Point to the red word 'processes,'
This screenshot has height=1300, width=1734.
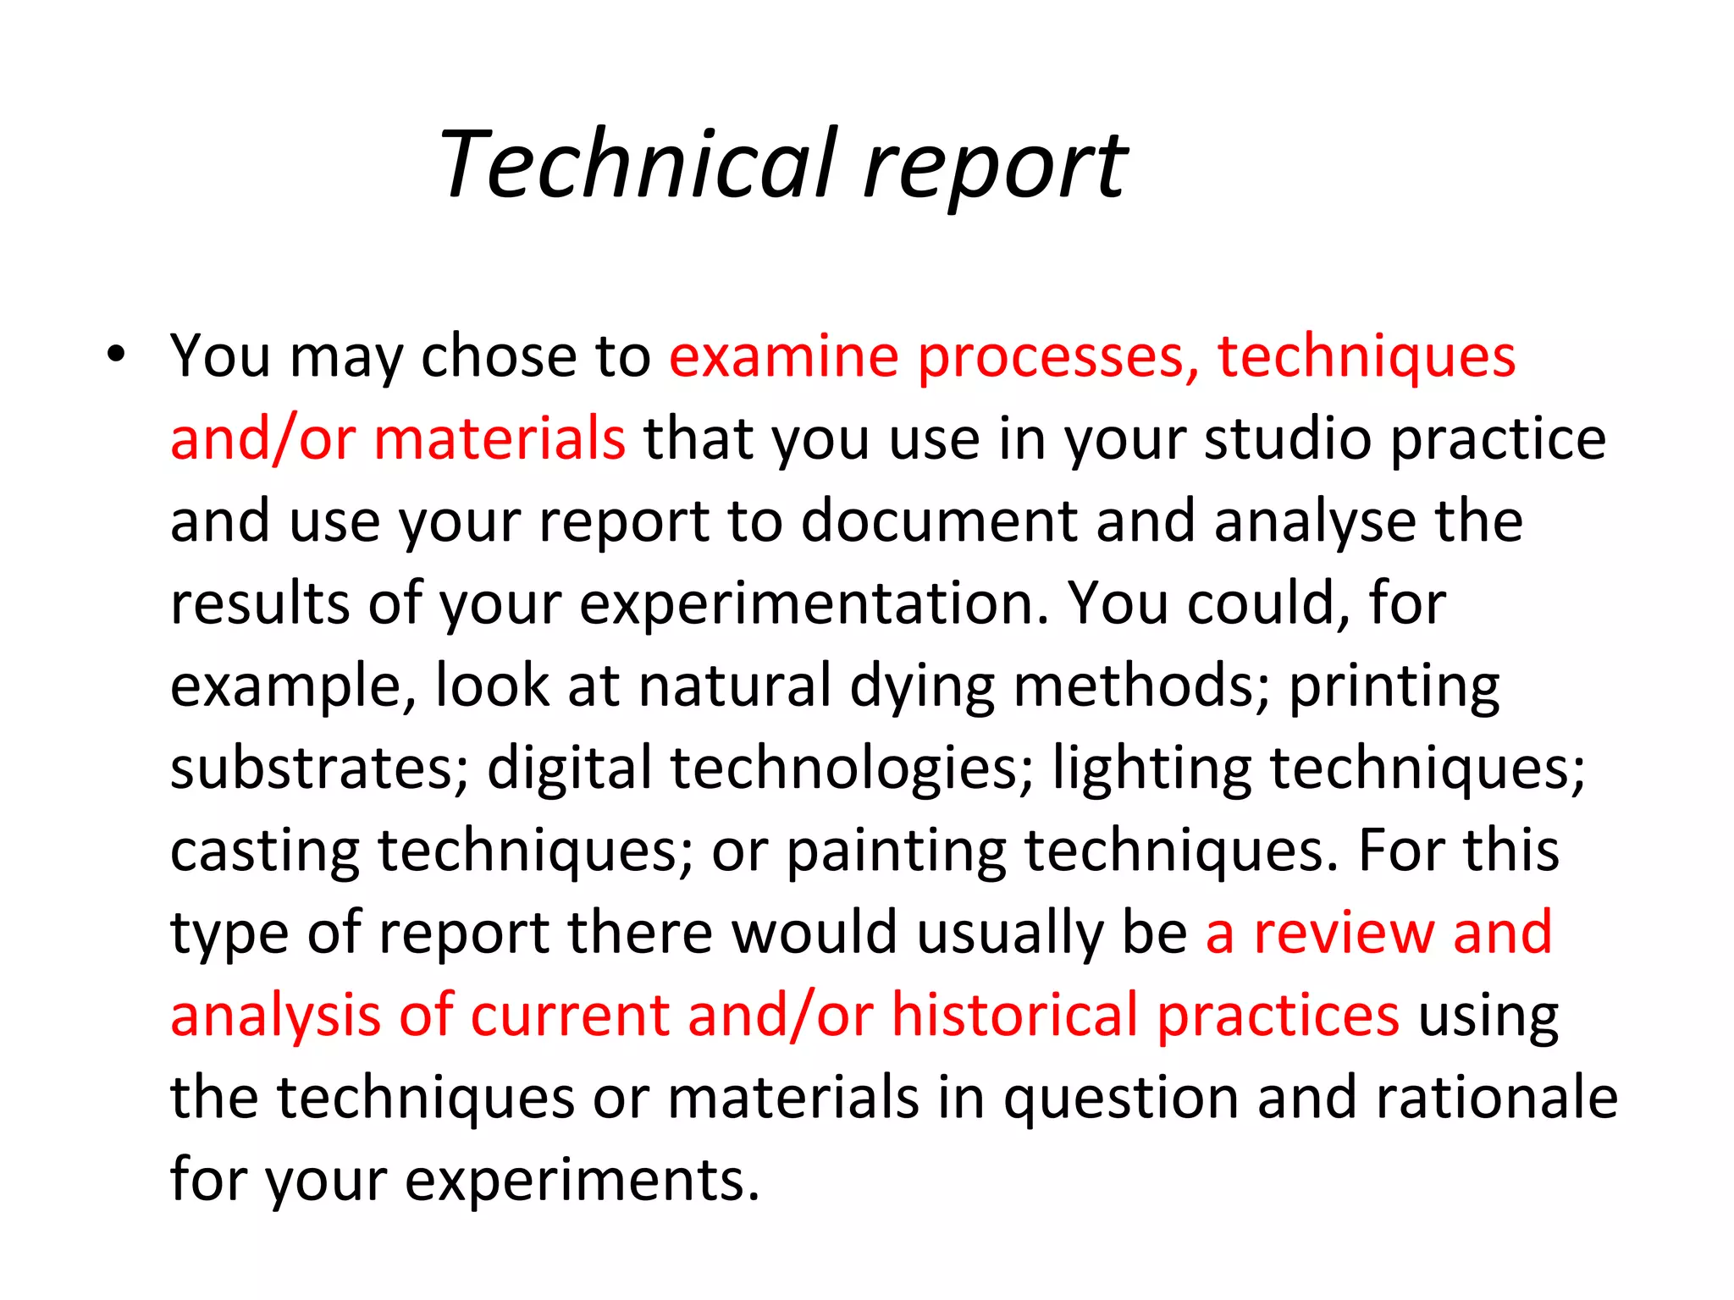[x=1058, y=357]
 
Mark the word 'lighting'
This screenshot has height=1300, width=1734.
[x=1151, y=769]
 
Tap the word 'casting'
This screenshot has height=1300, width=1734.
[x=265, y=851]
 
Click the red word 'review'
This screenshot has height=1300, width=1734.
[x=1344, y=933]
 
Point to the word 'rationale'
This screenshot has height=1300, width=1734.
[x=1497, y=1097]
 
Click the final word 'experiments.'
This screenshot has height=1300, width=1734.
[x=583, y=1180]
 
